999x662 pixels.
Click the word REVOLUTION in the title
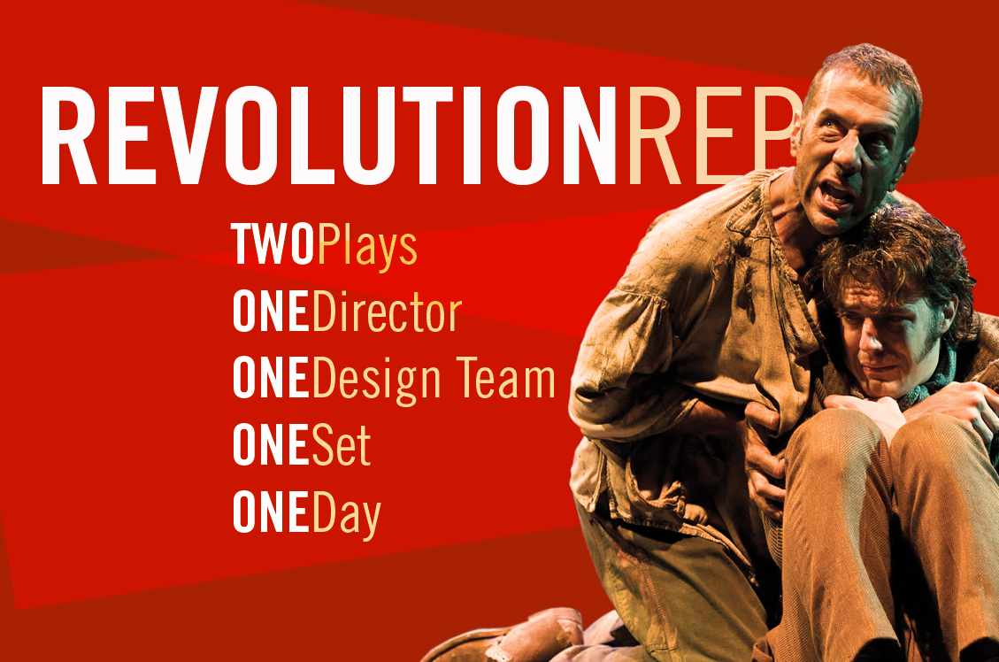pyautogui.click(x=329, y=135)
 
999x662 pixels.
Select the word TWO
pyautogui.click(x=273, y=244)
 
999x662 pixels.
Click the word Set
pyautogui.click(x=342, y=445)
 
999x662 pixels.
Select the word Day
pyautogui.click(x=347, y=516)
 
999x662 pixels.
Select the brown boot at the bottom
pyautogui.click(x=510, y=637)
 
